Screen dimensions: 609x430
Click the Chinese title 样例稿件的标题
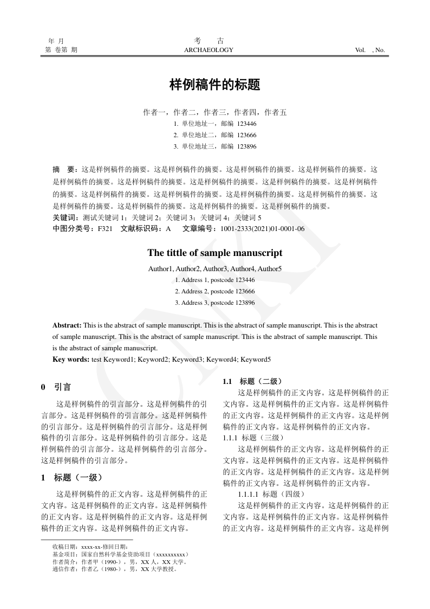[x=215, y=85]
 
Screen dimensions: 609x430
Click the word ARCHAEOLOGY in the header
[x=209, y=50]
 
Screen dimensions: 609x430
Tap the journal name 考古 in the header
[x=209, y=41]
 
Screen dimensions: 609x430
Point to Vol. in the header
[x=360, y=50]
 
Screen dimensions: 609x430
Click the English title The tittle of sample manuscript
[x=215, y=253]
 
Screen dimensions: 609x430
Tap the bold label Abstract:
[x=67, y=325]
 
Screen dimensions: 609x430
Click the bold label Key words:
[x=71, y=359]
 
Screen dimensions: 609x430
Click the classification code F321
[x=105, y=229]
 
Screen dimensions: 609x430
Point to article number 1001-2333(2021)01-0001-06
[x=262, y=229]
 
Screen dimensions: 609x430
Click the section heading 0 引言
[x=56, y=387]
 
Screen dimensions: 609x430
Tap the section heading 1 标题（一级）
[x=71, y=478]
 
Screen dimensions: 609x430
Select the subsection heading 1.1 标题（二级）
[x=252, y=381]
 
